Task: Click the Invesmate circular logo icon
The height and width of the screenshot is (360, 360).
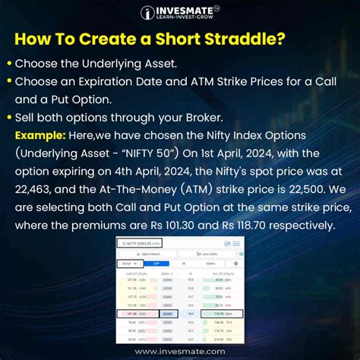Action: click(148, 13)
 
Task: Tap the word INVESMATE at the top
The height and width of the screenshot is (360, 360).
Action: click(184, 10)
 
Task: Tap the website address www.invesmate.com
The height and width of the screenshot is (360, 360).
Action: click(180, 352)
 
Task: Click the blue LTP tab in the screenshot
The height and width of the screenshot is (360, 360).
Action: click(156, 263)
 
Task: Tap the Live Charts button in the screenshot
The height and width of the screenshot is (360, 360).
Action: click(209, 253)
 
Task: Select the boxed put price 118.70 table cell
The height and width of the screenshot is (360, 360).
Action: click(220, 312)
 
